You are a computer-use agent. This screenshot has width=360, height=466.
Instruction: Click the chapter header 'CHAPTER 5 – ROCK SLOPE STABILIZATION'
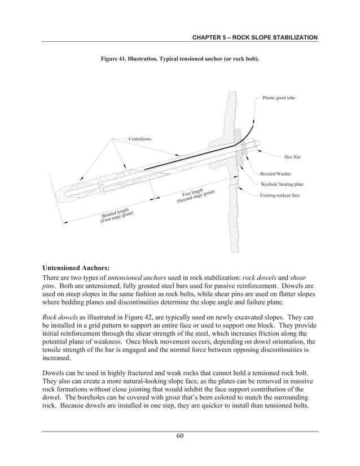(x=255, y=37)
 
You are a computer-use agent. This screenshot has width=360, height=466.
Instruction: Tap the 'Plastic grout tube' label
(x=279, y=98)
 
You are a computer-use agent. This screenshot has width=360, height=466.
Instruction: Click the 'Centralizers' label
(x=140, y=138)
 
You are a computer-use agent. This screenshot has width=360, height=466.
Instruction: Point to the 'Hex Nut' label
(x=292, y=156)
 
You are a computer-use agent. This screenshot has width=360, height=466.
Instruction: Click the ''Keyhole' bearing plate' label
(x=282, y=184)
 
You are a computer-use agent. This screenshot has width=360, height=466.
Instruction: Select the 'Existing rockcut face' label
(x=280, y=195)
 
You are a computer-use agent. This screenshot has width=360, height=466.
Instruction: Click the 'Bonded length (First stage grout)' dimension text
(x=117, y=215)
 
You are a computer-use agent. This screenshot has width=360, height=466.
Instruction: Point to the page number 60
(x=179, y=435)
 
